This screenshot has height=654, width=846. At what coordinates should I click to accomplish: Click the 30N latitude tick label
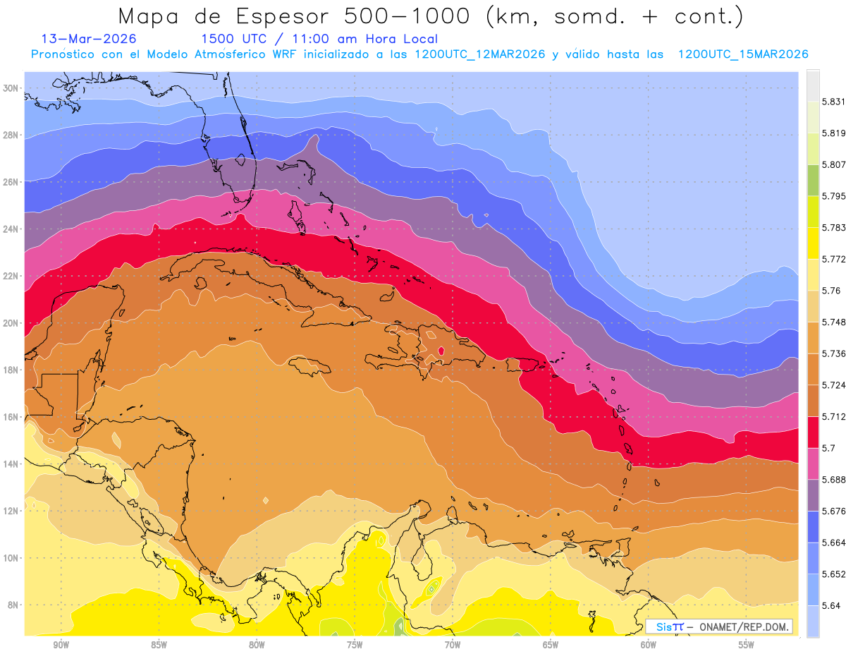pyautogui.click(x=11, y=88)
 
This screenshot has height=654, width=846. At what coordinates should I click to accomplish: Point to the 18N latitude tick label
pyautogui.click(x=11, y=370)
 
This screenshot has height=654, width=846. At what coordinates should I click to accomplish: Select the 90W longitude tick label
pyautogui.click(x=61, y=645)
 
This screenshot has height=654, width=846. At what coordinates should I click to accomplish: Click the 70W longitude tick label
pyautogui.click(x=453, y=645)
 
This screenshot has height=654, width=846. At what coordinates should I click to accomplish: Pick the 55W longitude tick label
pyautogui.click(x=747, y=645)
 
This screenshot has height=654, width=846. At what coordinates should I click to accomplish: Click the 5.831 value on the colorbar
pyautogui.click(x=833, y=102)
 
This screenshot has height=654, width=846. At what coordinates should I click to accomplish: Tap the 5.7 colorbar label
pyautogui.click(x=828, y=448)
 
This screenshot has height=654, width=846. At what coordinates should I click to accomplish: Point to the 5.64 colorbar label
pyautogui.click(x=831, y=605)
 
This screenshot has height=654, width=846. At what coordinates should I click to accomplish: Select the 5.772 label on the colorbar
pyautogui.click(x=833, y=259)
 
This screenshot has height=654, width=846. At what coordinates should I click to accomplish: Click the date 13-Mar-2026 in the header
pyautogui.click(x=89, y=39)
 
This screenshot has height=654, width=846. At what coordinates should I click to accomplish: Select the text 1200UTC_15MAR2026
pyautogui.click(x=743, y=54)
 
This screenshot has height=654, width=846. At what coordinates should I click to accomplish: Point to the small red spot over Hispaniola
pyautogui.click(x=441, y=350)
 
